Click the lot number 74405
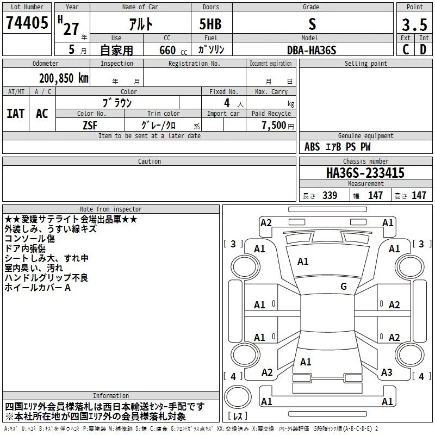click(x=27, y=22)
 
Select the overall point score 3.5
click(x=414, y=24)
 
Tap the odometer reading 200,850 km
click(x=64, y=78)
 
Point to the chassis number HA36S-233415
click(x=365, y=173)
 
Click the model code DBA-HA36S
click(x=312, y=50)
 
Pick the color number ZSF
click(x=90, y=126)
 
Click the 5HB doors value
click(x=210, y=24)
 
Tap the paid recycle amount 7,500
click(x=274, y=126)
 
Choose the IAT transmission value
click(x=15, y=114)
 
